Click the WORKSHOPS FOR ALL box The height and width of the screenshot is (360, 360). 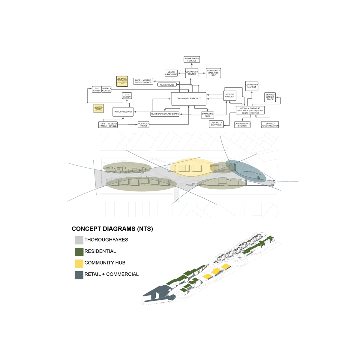tap(192, 59)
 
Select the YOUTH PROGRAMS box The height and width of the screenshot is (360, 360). tap(171, 73)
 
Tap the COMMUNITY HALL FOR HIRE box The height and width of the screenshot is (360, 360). tap(213, 73)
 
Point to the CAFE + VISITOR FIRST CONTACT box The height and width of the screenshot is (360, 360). tap(143, 81)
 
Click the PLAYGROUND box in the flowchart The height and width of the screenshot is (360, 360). tap(167, 85)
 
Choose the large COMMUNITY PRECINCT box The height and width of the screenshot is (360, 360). tap(189, 99)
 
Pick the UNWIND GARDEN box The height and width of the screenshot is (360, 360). tap(230, 95)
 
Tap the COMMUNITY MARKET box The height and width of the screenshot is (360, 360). tap(252, 86)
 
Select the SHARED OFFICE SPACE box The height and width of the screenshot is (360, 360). tap(270, 97)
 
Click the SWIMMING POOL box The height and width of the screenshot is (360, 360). tap(208, 115)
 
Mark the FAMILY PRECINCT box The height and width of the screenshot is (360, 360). tap(123, 112)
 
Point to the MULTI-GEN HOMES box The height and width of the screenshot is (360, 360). tap(143, 124)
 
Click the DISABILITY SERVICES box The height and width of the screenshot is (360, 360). tap(216, 124)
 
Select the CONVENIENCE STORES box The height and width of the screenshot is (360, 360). tap(242, 124)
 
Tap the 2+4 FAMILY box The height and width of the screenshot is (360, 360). tap(127, 96)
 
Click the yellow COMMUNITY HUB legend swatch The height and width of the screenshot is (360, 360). tap(79, 263)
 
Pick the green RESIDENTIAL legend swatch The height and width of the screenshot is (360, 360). tap(79, 252)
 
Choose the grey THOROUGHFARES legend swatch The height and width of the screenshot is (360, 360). tap(79, 240)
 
